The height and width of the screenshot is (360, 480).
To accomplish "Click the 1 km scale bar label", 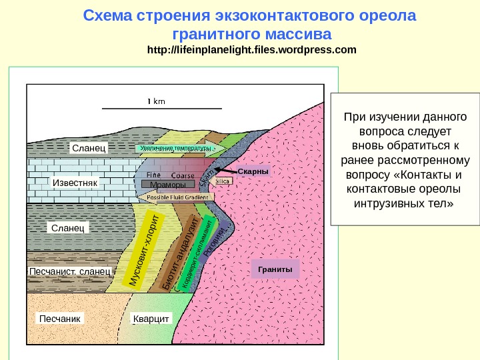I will (156, 101).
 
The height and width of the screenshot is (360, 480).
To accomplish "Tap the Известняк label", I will (75, 182).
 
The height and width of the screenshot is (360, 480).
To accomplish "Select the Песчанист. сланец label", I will (70, 272).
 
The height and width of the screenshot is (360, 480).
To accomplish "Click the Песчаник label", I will (59, 319).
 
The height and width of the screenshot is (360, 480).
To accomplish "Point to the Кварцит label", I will (151, 319).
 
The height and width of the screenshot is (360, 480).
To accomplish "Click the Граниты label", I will (275, 269).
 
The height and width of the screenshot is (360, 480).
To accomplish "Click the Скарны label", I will (253, 171).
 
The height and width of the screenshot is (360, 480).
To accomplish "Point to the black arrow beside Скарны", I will (228, 172).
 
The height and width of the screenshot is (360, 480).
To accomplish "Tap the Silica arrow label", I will (223, 181).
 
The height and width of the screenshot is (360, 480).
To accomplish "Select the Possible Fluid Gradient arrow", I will (177, 197).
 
